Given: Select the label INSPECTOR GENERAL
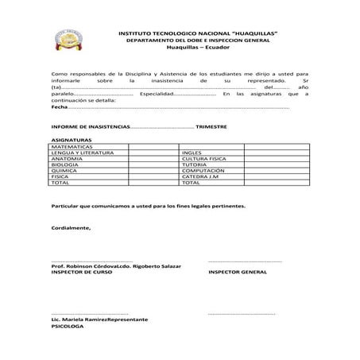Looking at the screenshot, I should point(238,272).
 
